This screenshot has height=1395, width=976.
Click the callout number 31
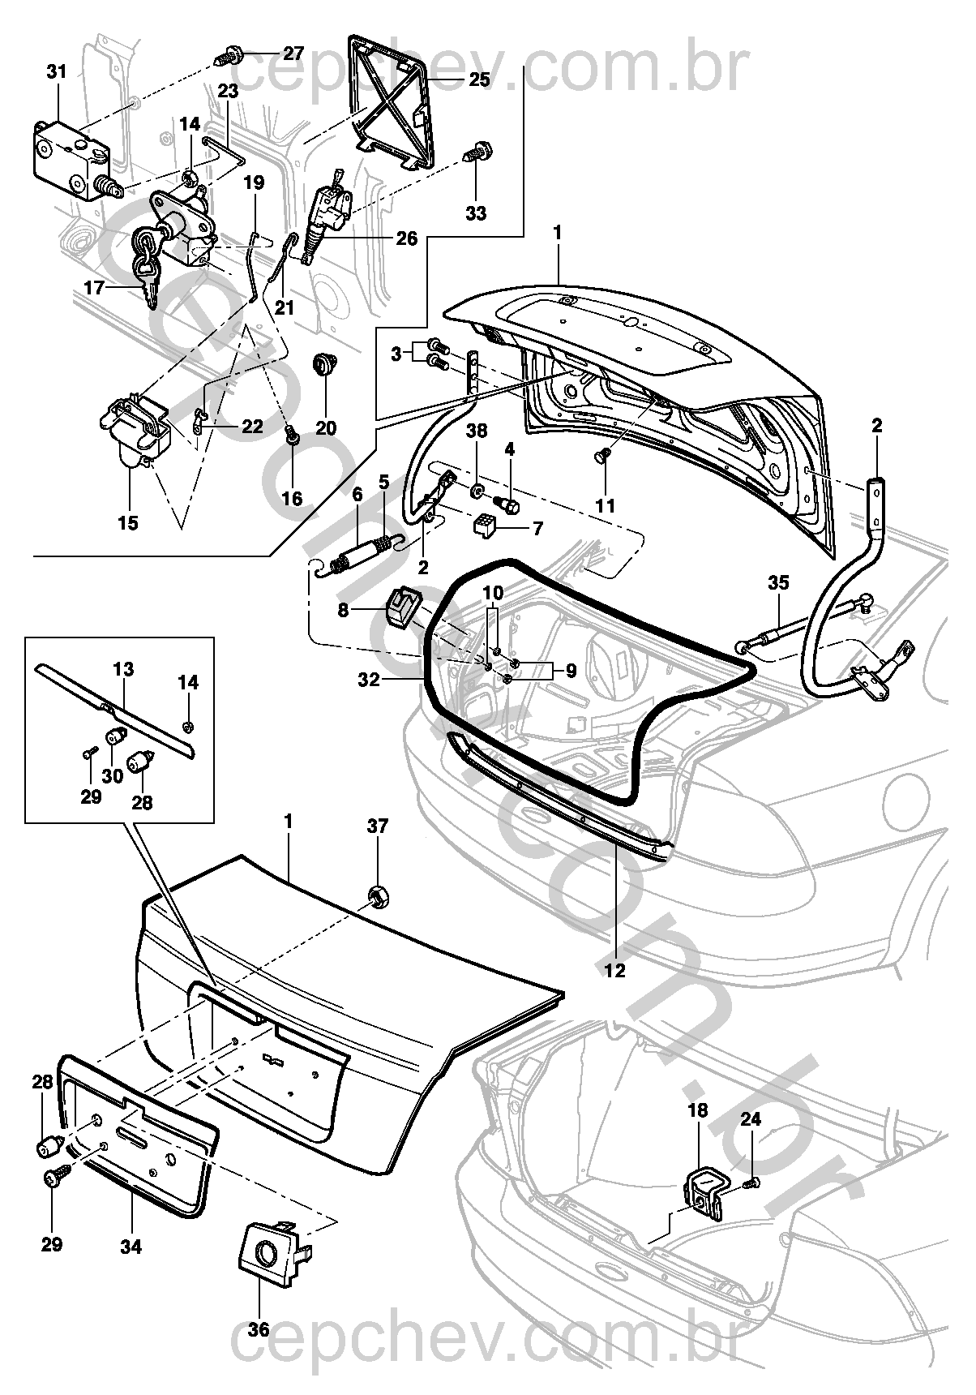[56, 72]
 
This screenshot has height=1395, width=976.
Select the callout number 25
[479, 79]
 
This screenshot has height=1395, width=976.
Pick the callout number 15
[128, 523]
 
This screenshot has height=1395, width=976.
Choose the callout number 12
[615, 970]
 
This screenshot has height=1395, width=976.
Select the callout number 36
[259, 1329]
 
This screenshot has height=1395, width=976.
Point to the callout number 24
[751, 1120]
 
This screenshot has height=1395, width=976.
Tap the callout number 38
[477, 431]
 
